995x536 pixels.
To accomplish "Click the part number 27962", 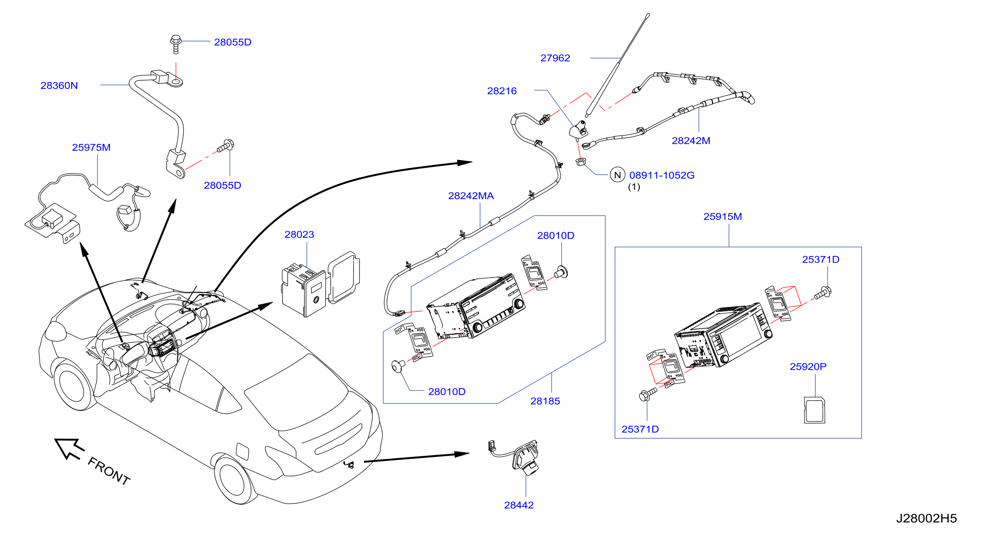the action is [x=555, y=58].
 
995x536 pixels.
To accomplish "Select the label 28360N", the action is [x=59, y=85].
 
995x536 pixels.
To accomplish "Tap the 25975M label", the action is [x=91, y=147].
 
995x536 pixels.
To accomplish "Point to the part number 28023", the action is [x=299, y=234].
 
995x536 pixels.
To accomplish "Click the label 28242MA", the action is [x=471, y=196].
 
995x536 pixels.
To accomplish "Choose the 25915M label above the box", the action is [x=723, y=216].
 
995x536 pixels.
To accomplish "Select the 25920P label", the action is [x=808, y=366].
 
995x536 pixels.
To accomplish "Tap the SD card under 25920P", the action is [x=815, y=410].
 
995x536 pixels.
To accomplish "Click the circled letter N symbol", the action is [x=617, y=175].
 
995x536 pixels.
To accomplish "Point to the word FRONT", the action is [x=109, y=471].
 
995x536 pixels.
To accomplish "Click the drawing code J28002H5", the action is [x=926, y=518].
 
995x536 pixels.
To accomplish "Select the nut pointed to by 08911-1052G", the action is [x=581, y=161].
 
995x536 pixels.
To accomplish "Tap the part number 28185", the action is [x=545, y=401].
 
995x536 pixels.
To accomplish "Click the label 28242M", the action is [x=691, y=141].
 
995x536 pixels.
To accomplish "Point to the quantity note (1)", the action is [x=634, y=187].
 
